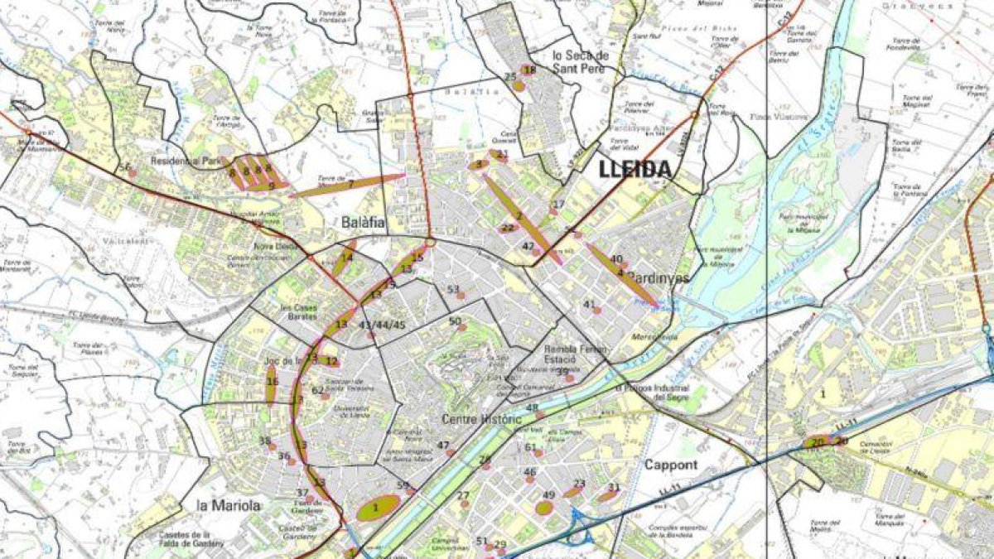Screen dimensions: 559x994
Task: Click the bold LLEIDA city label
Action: (x=635, y=170)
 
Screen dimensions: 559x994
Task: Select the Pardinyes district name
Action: (x=658, y=278)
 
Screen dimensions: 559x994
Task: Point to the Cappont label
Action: (x=671, y=465)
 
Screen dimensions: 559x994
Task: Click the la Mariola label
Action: (x=229, y=504)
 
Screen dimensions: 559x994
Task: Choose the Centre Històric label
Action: (x=480, y=419)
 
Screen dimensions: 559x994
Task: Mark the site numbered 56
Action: (x=126, y=168)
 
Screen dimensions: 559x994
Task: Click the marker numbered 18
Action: (x=529, y=71)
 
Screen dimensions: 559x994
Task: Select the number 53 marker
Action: (x=453, y=291)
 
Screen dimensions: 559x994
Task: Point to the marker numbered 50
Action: (x=456, y=322)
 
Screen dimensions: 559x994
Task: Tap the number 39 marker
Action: (x=562, y=373)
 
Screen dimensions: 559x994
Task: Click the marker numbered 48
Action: (x=533, y=408)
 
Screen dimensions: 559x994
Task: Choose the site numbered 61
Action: (x=531, y=448)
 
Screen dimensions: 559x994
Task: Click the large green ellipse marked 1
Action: (x=379, y=508)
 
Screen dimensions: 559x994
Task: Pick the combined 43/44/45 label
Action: (x=382, y=325)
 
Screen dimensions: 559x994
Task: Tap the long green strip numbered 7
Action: (x=348, y=186)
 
